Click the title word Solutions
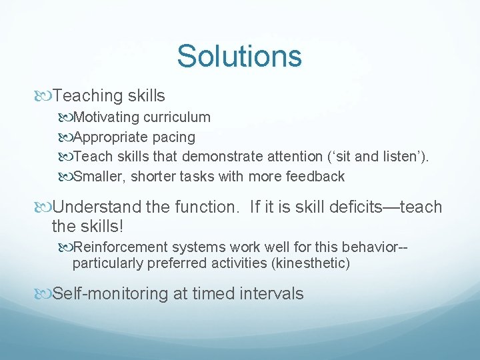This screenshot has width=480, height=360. tap(239, 56)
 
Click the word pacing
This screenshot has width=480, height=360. tap(173, 137)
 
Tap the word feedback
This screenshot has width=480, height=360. tap(315, 177)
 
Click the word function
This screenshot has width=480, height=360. tap(211, 207)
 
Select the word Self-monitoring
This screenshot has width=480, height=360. tap(110, 293)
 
